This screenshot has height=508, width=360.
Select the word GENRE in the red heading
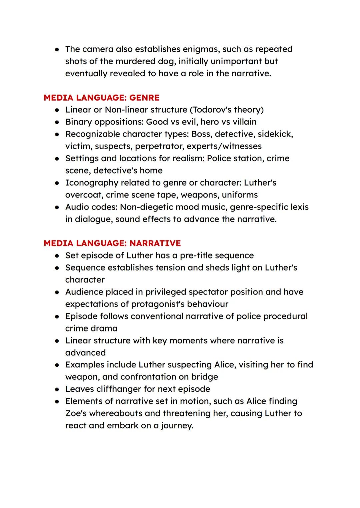click(144, 98)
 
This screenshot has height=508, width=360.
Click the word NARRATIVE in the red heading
click(155, 243)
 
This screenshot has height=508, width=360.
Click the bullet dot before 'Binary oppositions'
click(57, 122)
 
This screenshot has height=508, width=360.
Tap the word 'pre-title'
click(197, 255)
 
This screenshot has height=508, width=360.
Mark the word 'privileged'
click(146, 292)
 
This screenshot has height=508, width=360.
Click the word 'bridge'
click(204, 377)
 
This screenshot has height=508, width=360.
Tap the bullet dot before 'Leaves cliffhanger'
click(57, 389)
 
